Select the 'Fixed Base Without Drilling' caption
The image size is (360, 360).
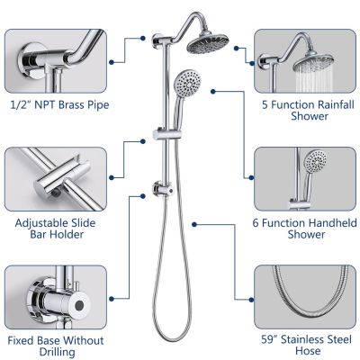coord(55,347)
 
